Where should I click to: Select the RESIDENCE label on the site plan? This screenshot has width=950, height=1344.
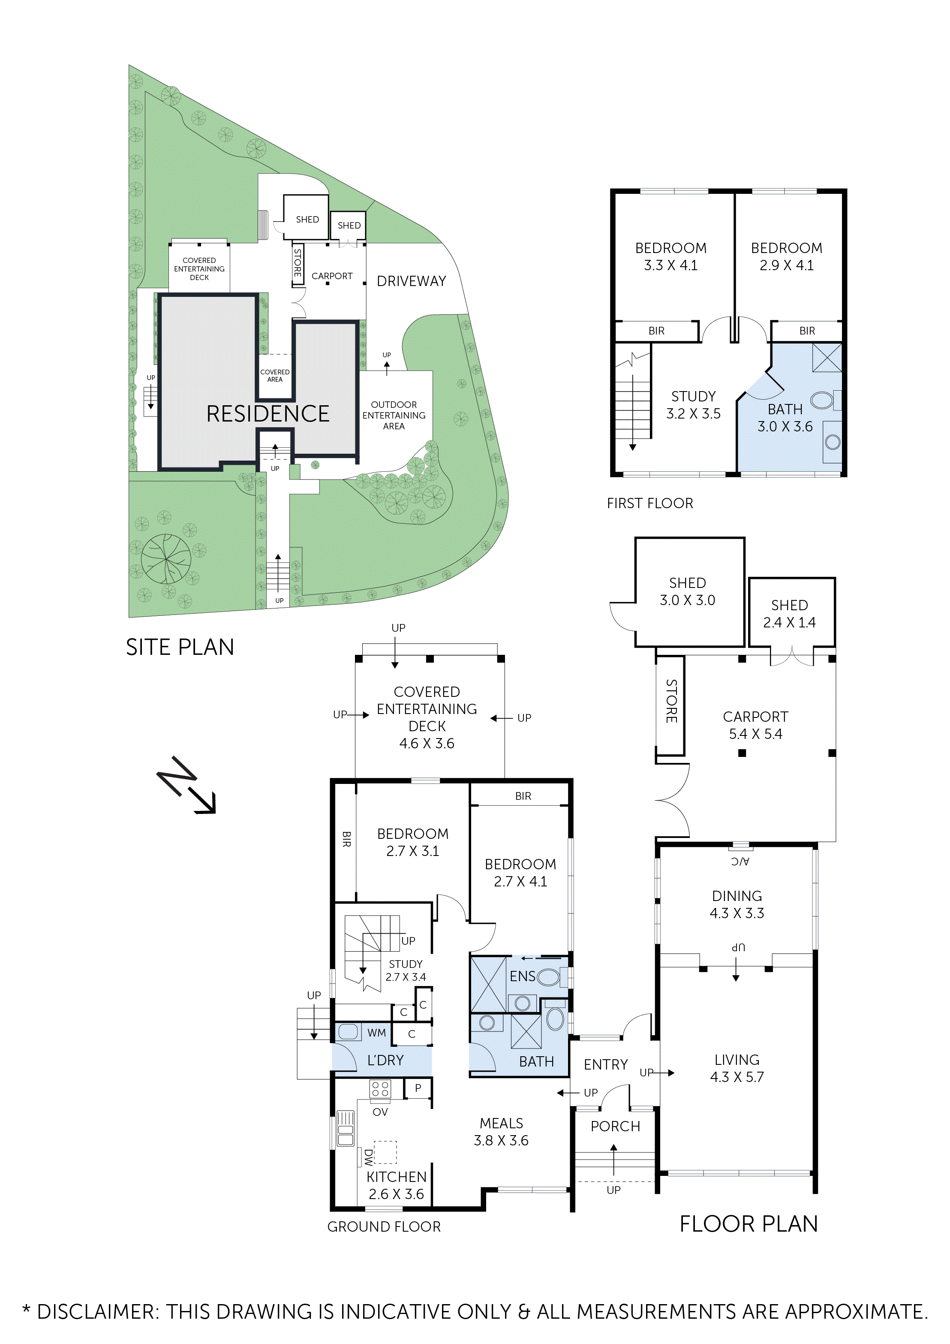point(268,414)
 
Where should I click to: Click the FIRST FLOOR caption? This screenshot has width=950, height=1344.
point(650,503)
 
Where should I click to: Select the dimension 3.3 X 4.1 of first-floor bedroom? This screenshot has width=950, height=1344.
point(671,266)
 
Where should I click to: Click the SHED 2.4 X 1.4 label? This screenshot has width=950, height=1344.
point(789,614)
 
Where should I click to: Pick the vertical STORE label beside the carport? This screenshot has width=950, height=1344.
point(671,701)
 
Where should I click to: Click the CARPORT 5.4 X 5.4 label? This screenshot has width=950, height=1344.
point(755,725)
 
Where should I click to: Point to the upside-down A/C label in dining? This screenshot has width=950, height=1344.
point(740,862)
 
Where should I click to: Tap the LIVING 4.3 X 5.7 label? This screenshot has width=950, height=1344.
point(737,1068)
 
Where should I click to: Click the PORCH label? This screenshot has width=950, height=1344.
point(615,1126)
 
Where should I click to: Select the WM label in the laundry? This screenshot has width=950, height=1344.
point(376,1033)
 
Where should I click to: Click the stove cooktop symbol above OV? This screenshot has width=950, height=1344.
point(380,1089)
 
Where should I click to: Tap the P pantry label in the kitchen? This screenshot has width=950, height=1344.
point(418,1088)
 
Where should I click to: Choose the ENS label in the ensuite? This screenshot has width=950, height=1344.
point(522,976)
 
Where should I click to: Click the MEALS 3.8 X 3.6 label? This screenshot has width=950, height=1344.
point(501,1132)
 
